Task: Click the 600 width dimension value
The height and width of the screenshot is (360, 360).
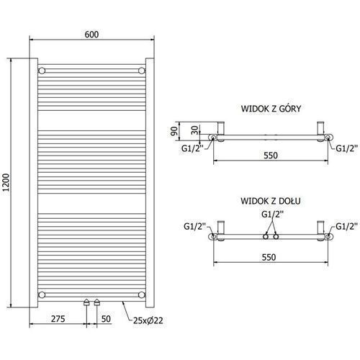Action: [x=91, y=35]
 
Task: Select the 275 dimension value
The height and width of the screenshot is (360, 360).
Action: [x=58, y=319]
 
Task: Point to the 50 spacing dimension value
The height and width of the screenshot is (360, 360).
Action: [x=106, y=319]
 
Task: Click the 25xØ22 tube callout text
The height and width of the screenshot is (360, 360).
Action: [x=148, y=320]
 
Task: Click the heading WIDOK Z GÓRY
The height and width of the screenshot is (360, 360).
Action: [x=271, y=109]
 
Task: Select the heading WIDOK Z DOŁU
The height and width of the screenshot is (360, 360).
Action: [x=271, y=201]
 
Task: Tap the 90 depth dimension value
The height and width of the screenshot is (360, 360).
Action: [x=174, y=131]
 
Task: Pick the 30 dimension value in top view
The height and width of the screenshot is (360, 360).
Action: [x=196, y=130]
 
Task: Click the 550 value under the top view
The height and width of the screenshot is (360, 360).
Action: [x=271, y=156]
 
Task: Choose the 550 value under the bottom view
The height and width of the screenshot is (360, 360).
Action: [x=269, y=257]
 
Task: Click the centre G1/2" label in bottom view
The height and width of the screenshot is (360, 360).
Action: [x=272, y=214]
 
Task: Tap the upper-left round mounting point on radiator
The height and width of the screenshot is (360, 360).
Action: [x=42, y=71]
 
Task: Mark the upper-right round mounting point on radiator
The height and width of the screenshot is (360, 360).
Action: [x=142, y=71]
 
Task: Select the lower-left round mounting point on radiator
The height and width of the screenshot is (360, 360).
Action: [x=42, y=294]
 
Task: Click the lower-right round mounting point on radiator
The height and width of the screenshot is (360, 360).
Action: [x=142, y=294]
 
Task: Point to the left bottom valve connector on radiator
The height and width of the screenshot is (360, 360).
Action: [x=86, y=302]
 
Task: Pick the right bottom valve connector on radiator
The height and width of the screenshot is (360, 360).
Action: [x=96, y=302]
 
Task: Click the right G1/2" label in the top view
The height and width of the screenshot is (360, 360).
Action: [x=346, y=148]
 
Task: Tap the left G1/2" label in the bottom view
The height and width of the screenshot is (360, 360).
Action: [x=195, y=226]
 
